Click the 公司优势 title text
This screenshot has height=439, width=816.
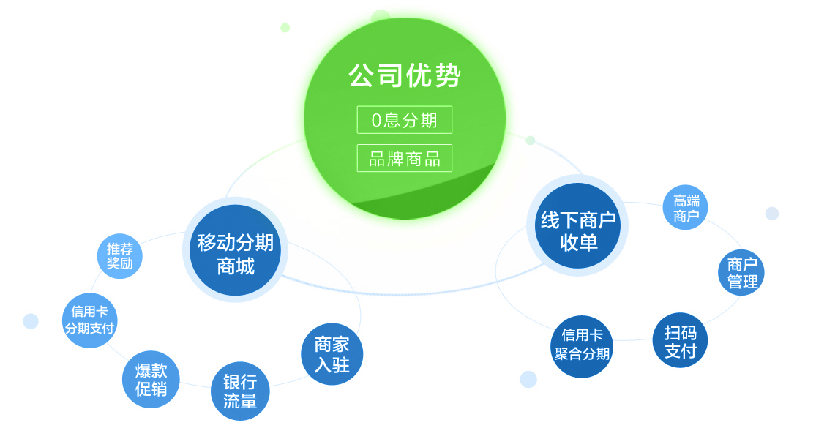click(x=405, y=76)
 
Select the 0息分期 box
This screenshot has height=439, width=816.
click(x=405, y=120)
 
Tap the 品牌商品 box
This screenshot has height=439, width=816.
click(x=405, y=158)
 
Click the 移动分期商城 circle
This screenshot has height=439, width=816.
click(x=235, y=250)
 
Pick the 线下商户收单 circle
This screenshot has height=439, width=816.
click(x=577, y=226)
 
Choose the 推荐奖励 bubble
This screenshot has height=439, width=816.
click(x=120, y=256)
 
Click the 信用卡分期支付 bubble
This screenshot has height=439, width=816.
click(x=89, y=320)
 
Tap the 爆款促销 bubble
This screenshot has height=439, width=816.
click(x=151, y=379)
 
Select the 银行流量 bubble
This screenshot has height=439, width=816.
click(x=240, y=391)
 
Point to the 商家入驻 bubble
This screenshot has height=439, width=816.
click(x=332, y=354)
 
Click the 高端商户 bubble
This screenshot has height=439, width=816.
click(x=686, y=208)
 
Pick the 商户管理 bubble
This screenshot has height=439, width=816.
click(x=741, y=273)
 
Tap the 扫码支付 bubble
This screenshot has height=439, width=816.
click(x=680, y=341)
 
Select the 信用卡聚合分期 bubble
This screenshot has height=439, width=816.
click(x=582, y=346)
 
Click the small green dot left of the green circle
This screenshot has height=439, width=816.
click(x=285, y=28)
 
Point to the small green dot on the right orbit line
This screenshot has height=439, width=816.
click(x=531, y=140)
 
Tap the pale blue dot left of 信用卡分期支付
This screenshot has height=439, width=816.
click(x=31, y=321)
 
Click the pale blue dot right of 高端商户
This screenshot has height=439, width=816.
click(x=772, y=213)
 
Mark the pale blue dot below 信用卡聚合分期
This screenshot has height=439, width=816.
click(x=528, y=379)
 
